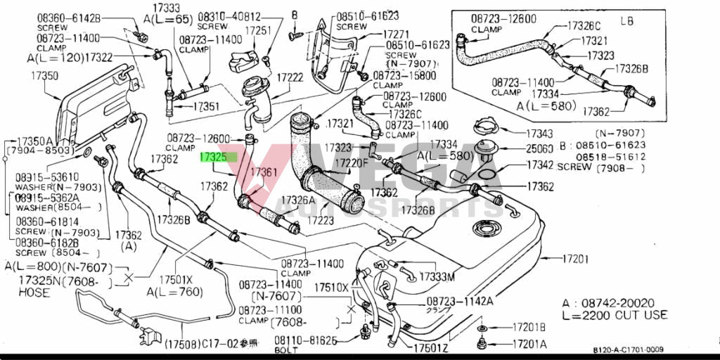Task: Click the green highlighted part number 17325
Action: [x=214, y=157]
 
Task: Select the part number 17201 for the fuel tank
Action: [x=574, y=259]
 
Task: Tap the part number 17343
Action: [x=539, y=133]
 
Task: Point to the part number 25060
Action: [x=539, y=149]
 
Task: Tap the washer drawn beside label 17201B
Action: [x=484, y=328]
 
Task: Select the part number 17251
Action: [x=258, y=30]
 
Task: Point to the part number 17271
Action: [x=396, y=34]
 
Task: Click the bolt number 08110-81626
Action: [x=306, y=340]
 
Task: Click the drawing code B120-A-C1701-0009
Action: [x=628, y=349]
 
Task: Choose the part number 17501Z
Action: [x=431, y=347]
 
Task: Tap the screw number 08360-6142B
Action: [x=68, y=18]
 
